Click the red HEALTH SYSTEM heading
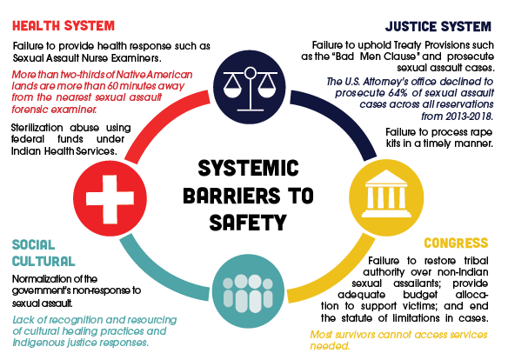(63, 26)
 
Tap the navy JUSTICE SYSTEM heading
(438, 27)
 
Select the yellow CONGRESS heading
(456, 243)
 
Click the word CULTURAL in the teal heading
(43, 261)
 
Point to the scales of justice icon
(250, 89)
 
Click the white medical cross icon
(110, 199)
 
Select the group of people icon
(248, 293)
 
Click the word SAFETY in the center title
(248, 223)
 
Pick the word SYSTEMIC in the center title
(248, 168)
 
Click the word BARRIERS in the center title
(231, 195)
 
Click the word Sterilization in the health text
(37, 128)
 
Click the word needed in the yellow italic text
(330, 346)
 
